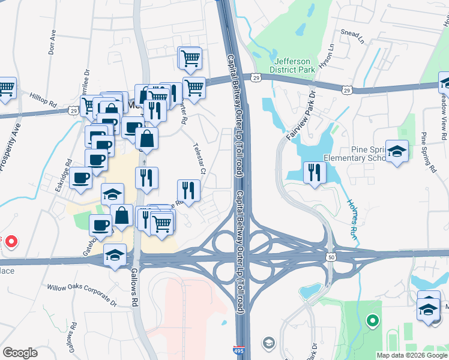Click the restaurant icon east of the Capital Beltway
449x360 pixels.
coord(315,173)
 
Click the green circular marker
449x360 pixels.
coord(372,322)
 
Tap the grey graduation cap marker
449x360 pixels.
coord(269,343)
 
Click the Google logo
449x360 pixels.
coord(20,353)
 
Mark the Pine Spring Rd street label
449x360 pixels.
coord(428,152)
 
